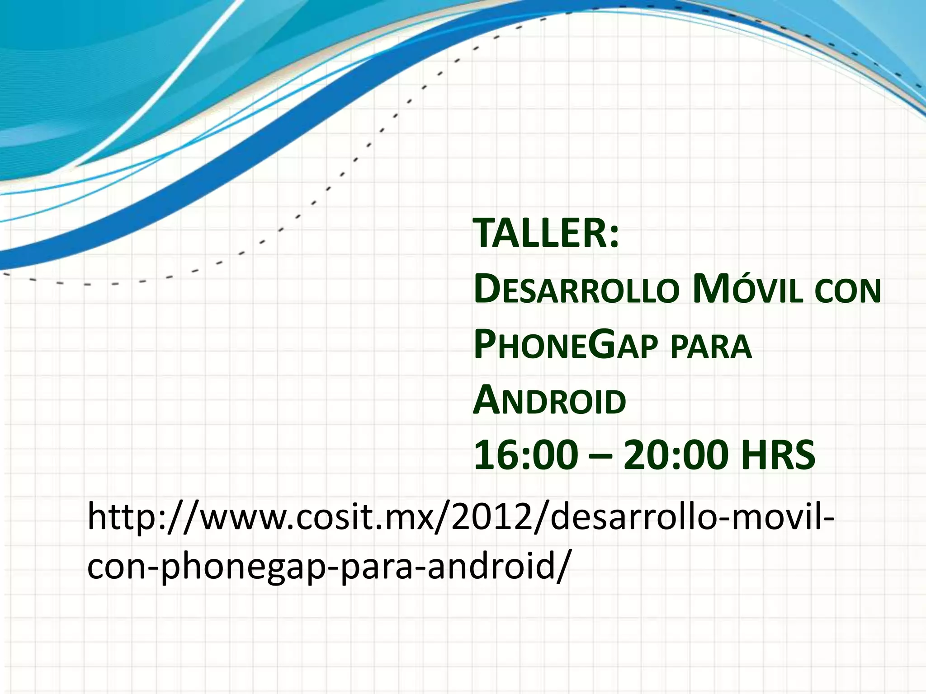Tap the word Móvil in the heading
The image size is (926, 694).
pos(748,290)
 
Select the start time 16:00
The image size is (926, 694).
pos(526,455)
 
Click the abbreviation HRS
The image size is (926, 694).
pos(778,455)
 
